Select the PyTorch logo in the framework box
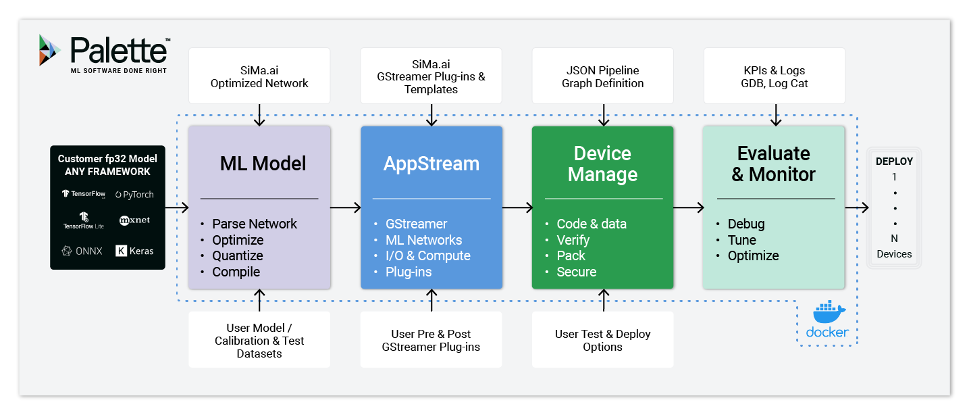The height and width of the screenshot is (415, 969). [x=134, y=195]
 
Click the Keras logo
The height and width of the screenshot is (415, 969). [x=134, y=251]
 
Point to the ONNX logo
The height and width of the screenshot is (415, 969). [x=82, y=251]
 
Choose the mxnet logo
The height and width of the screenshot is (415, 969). [x=134, y=220]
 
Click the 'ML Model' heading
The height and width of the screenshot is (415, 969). [x=263, y=164]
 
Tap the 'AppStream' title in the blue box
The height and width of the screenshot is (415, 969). [x=431, y=164]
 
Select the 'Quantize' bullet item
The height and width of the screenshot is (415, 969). [x=237, y=255]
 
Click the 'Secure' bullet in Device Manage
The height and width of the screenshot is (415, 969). [x=576, y=272]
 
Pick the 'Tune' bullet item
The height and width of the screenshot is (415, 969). [x=741, y=240]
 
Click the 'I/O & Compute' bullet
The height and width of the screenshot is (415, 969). [x=427, y=255]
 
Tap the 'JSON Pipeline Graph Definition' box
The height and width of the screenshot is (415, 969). [x=602, y=77]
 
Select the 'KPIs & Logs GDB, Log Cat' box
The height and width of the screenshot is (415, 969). [x=774, y=77]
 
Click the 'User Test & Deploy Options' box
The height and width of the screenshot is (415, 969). [x=602, y=340]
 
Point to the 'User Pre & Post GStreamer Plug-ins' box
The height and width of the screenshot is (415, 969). [x=431, y=340]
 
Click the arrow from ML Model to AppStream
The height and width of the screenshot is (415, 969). [x=346, y=208]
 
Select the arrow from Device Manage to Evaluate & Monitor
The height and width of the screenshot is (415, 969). [x=689, y=208]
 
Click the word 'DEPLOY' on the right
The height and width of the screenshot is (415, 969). [x=894, y=162]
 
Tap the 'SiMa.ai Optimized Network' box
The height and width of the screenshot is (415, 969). [x=259, y=77]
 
